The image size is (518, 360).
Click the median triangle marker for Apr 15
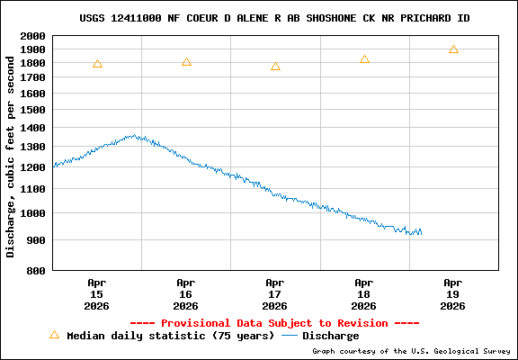[x=97, y=64]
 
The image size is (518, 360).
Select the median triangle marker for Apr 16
[x=186, y=62]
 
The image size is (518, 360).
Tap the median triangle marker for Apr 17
[x=275, y=67]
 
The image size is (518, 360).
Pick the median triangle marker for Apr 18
[x=364, y=59]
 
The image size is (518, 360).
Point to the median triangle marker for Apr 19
[x=453, y=49]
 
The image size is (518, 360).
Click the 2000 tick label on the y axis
[x=32, y=37]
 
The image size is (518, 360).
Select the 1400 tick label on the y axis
[x=32, y=128]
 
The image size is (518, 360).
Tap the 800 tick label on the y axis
[x=36, y=270]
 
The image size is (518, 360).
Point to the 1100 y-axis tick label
[x=32, y=189]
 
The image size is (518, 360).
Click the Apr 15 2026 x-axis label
[x=97, y=293]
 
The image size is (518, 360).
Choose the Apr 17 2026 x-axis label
[x=275, y=293]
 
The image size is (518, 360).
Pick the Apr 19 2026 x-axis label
[x=453, y=293]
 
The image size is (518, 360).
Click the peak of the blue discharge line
[x=134, y=136]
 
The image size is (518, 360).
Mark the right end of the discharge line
[x=421, y=233]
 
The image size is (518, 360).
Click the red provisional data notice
[x=274, y=322]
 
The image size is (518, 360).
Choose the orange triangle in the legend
[x=54, y=335]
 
